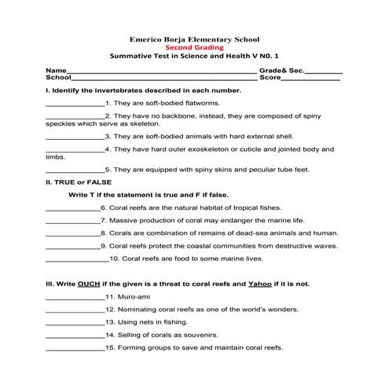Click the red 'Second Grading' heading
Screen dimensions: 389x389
coord(193,47)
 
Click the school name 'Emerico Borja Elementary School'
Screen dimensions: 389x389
coord(194,38)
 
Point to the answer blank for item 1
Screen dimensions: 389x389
coord(75,104)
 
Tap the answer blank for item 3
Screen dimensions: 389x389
coord(75,137)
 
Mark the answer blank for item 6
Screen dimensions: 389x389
coord(73,209)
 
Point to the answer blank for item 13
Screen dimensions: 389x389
coord(75,323)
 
